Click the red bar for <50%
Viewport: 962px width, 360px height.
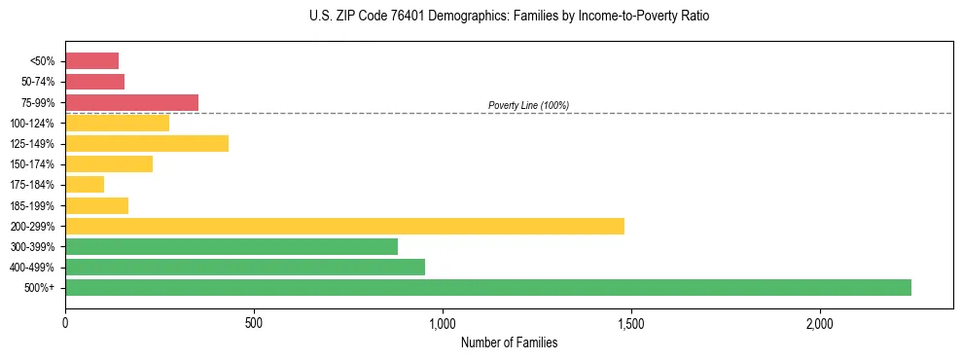click(91, 61)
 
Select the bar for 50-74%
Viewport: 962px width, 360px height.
click(94, 82)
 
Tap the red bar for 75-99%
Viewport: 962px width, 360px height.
click(131, 102)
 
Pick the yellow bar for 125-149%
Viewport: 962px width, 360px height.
click(146, 143)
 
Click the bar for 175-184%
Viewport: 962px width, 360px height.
click(85, 185)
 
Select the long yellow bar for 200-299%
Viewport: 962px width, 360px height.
click(344, 226)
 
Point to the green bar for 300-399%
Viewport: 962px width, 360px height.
click(232, 246)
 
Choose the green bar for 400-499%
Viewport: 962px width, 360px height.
click(245, 267)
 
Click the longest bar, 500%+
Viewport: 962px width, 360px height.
click(487, 287)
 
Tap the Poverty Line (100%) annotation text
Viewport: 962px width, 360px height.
click(528, 105)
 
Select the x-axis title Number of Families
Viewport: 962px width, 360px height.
click(509, 342)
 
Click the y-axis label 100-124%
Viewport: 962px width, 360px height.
click(32, 124)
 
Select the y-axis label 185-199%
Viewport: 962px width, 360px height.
click(32, 205)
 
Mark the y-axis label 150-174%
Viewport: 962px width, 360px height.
click(32, 164)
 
